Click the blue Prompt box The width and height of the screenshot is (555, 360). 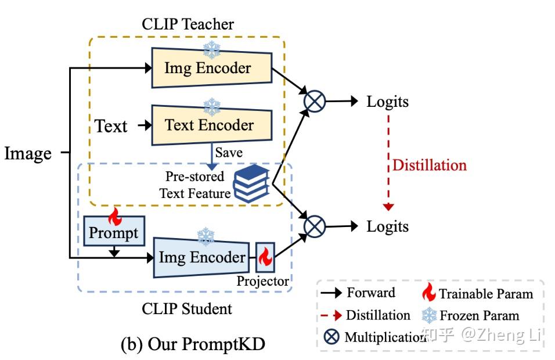point(114,232)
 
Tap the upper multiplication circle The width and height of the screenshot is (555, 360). point(315,101)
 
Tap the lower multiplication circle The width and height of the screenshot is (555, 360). point(315,225)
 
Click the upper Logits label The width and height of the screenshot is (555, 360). point(387,102)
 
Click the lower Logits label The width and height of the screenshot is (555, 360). point(387,226)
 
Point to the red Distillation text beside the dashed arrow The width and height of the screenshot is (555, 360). point(429,165)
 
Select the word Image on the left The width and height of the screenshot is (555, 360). point(27,154)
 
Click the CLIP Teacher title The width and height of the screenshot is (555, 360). point(188,24)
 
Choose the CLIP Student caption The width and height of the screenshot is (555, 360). point(187,308)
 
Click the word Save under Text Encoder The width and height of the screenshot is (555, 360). point(229,153)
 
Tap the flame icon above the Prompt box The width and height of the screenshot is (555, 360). point(114,216)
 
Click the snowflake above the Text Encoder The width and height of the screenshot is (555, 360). point(211,107)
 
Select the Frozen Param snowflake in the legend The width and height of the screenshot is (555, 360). point(429,315)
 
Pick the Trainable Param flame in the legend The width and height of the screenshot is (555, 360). point(429,293)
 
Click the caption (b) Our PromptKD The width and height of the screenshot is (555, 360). point(192,344)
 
